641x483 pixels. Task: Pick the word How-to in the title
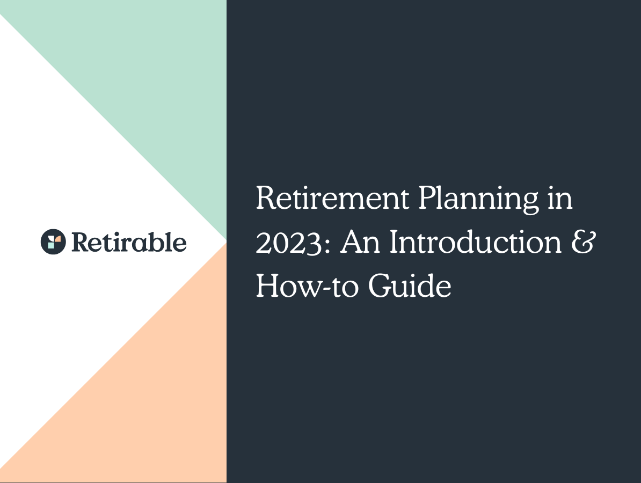point(306,287)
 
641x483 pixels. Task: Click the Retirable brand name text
point(129,242)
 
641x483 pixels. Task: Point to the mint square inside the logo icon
point(50,244)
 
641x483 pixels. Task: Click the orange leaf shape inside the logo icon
point(56,238)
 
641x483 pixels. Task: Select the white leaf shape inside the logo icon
point(50,237)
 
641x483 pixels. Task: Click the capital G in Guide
point(380,287)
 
